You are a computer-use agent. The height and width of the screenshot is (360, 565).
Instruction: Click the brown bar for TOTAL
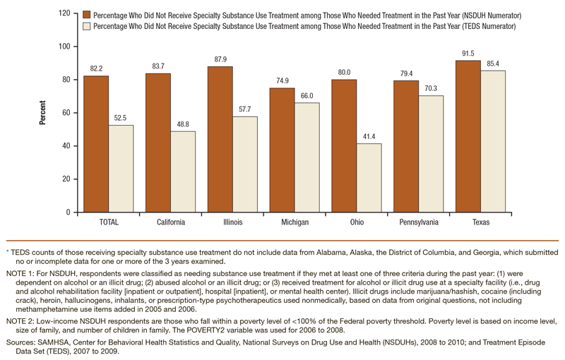coord(96,144)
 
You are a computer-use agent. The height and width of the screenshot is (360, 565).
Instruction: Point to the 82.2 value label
coord(97,68)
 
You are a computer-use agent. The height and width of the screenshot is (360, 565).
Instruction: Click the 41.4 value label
coord(369,136)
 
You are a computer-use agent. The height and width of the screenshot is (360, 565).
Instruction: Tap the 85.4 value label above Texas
coord(492,64)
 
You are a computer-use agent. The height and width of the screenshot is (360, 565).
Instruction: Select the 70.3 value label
coord(430,88)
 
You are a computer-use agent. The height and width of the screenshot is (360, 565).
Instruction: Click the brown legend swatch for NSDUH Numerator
coord(86,14)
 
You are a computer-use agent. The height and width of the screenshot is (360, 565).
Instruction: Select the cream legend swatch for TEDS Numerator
coord(86,26)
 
